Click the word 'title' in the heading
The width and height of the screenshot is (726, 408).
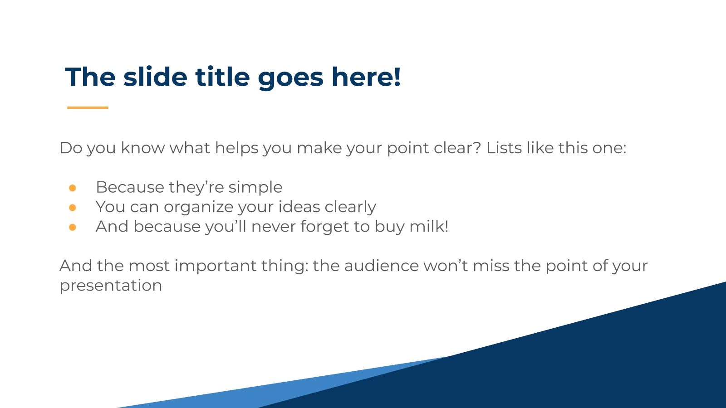point(222,77)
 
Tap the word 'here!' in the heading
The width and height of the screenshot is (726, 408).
point(366,77)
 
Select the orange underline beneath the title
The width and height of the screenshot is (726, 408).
point(88,107)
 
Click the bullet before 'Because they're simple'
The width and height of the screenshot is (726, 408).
point(73,187)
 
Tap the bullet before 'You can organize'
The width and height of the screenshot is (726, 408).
point(73,207)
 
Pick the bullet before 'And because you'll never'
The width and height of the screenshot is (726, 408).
point(73,227)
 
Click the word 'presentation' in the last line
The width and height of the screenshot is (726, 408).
point(111,286)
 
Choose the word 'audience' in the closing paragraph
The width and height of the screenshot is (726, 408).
point(381,266)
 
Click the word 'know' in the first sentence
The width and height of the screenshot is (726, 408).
point(142,148)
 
